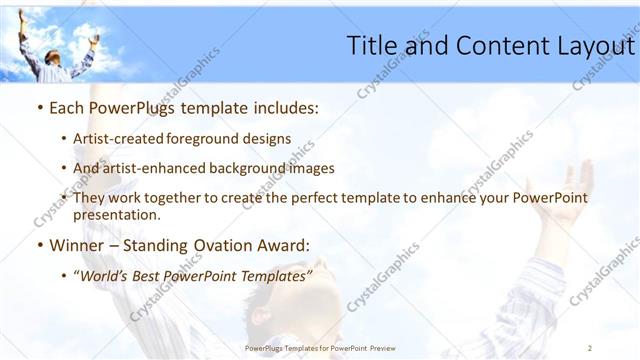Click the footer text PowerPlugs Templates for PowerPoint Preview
[x=320, y=348]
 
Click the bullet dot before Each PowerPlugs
[x=38, y=108]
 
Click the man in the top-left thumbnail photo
[x=59, y=52]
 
